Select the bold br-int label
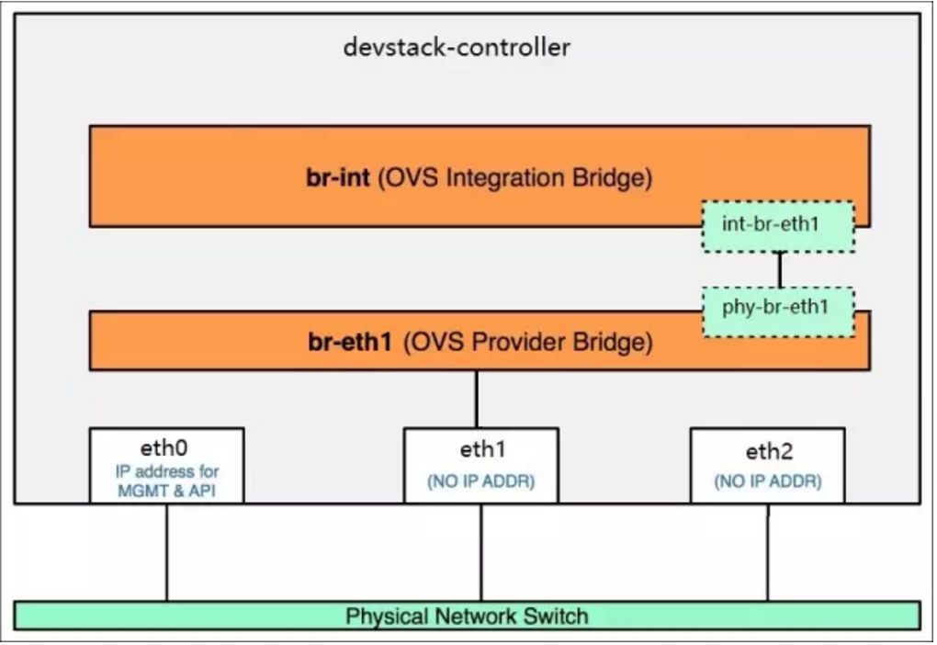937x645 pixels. coord(336,177)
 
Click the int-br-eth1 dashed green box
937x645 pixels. coord(778,226)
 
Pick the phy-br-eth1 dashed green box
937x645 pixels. coord(778,307)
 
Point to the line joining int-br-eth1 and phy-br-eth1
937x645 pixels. coord(780,269)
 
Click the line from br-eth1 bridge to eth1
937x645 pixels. coord(476,399)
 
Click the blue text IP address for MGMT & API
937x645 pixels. coord(165,480)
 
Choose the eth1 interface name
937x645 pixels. coord(481,450)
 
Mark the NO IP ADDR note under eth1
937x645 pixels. coord(480,482)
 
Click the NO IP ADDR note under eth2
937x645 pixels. coord(768,481)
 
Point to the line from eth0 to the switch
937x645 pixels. coord(166,551)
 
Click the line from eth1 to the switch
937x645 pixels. coord(480,551)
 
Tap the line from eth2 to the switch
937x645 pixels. coord(768,551)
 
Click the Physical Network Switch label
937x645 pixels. coord(466,616)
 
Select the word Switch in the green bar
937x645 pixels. coord(555,616)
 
